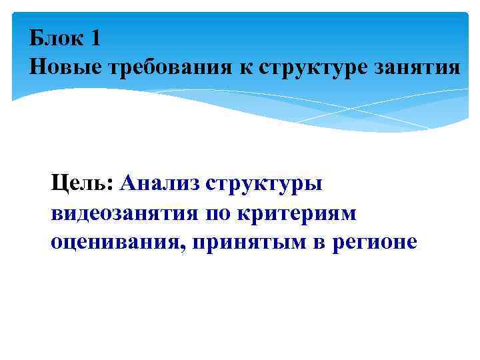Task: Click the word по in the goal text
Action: [x=220, y=213]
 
